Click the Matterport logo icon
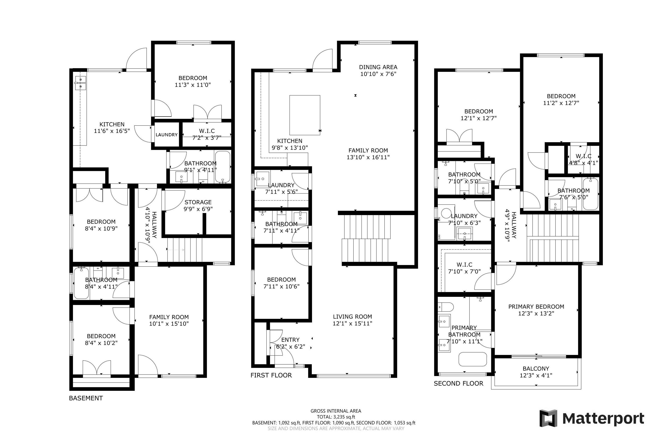coord(548,418)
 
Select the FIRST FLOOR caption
coord(271,375)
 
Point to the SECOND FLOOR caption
coord(458,383)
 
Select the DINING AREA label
coord(378,67)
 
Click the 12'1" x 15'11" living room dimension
coord(353,323)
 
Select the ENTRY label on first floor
coord(290,340)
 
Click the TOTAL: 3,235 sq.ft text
coord(336,417)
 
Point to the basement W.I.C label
coord(207,131)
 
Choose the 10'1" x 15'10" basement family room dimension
coord(169,324)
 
